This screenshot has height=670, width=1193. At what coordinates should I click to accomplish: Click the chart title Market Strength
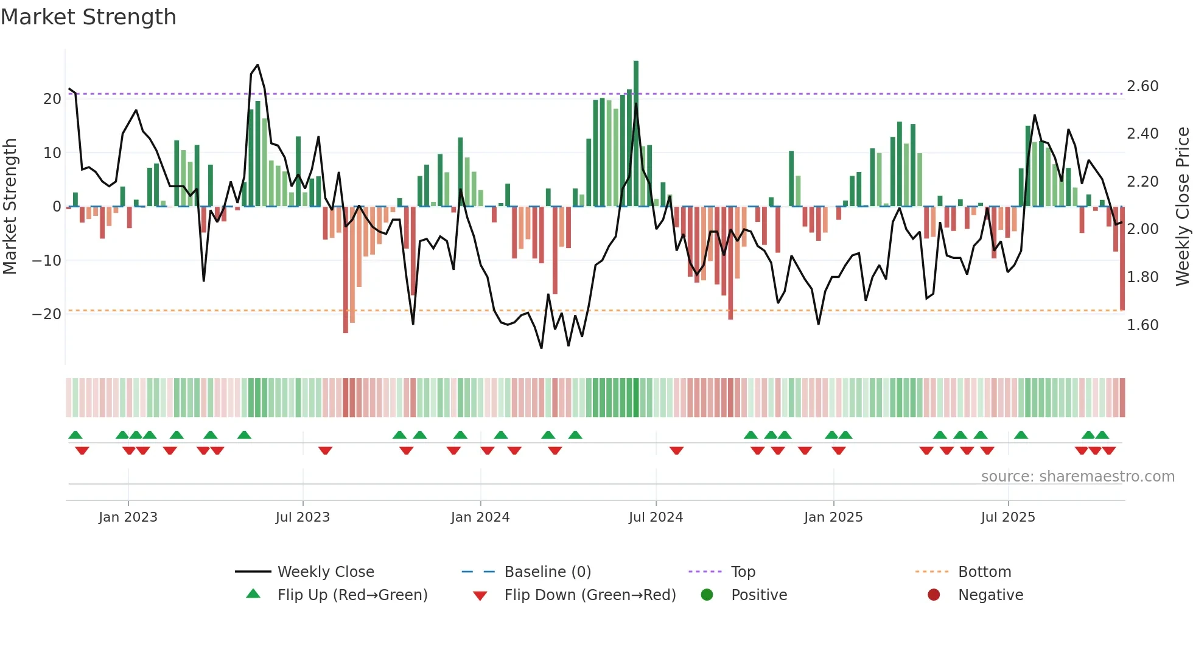tap(88, 17)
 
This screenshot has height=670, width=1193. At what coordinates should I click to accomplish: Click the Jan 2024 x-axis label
tap(480, 517)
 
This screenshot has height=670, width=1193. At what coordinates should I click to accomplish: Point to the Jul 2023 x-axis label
tap(303, 517)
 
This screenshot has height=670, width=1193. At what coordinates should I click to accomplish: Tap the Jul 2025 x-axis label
tap(1007, 517)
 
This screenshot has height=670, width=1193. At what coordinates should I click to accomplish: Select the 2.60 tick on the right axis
tap(1142, 86)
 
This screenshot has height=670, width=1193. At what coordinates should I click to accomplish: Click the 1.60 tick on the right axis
tap(1142, 325)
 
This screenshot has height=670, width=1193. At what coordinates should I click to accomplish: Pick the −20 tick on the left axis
tap(47, 314)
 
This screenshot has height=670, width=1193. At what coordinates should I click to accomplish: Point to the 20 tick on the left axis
tap(52, 99)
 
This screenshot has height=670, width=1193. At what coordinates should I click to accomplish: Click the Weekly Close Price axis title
tap(1182, 207)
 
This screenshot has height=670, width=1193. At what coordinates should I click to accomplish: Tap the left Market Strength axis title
tap(10, 207)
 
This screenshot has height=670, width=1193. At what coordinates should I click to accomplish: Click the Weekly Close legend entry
tap(325, 572)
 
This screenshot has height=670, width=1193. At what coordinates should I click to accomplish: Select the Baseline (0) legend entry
tap(547, 572)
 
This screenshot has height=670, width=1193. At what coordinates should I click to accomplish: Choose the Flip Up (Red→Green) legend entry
tap(352, 595)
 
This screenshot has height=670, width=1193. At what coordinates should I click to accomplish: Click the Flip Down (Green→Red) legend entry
tap(589, 595)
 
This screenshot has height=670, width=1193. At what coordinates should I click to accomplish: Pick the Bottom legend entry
tap(984, 572)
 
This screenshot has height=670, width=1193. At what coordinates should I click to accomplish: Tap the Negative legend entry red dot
tap(933, 595)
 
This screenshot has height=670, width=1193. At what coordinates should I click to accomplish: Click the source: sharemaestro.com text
tap(1077, 477)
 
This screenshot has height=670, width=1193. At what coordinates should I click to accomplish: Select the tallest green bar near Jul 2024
tap(636, 134)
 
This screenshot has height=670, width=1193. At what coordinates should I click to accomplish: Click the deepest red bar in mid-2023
tap(346, 271)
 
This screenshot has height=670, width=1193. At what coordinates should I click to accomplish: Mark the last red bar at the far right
tap(1122, 258)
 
